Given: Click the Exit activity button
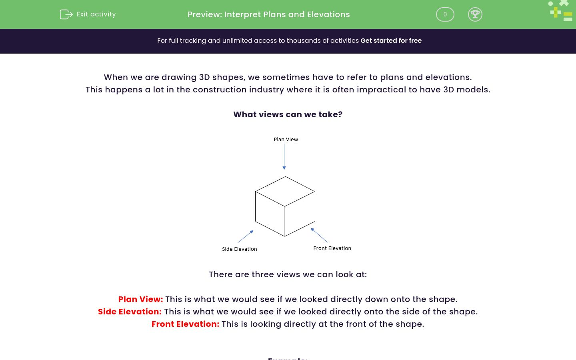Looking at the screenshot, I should [x=88, y=14].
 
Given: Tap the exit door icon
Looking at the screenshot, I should [x=66, y=14].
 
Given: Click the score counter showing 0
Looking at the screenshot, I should [x=445, y=14].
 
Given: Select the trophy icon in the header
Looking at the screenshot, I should [x=475, y=14].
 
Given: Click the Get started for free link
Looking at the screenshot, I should [x=391, y=40].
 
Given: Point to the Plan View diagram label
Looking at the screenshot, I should [x=286, y=140].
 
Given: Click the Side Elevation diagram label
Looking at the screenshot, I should [x=239, y=249].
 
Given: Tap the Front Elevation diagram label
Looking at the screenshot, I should [x=332, y=248].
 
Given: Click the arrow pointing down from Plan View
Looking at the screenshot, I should [x=284, y=156].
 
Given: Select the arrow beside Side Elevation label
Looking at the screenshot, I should [x=246, y=236].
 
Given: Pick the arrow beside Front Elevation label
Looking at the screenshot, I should [x=319, y=235].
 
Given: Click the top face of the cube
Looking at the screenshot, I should [x=285, y=191].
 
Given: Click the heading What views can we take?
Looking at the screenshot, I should [x=288, y=114].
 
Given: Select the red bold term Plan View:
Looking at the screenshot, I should [x=140, y=299].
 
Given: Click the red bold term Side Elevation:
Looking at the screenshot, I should [x=130, y=312].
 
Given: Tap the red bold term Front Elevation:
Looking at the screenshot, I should [x=185, y=324].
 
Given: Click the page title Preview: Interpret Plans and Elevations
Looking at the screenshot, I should [x=268, y=14].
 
